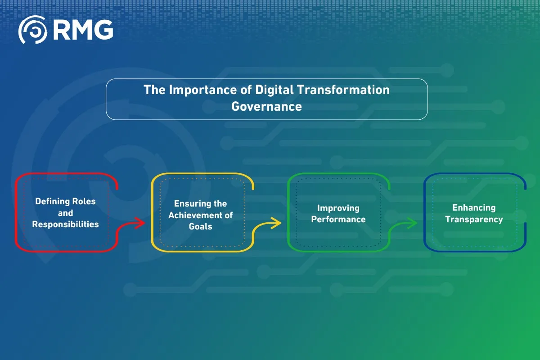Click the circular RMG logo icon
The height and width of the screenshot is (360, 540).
click(32, 30)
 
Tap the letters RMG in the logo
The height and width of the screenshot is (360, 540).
click(83, 30)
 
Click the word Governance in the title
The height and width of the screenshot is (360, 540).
click(266, 107)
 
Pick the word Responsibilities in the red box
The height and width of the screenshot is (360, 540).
click(65, 224)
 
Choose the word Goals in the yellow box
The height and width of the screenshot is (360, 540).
click(200, 226)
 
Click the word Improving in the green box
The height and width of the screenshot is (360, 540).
click(338, 208)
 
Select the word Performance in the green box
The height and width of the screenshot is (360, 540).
click(338, 220)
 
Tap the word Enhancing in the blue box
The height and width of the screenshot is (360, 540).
click(474, 208)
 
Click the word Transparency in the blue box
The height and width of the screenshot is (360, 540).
click(474, 220)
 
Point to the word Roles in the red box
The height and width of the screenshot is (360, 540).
click(85, 201)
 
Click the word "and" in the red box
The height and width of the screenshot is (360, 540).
click(65, 213)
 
